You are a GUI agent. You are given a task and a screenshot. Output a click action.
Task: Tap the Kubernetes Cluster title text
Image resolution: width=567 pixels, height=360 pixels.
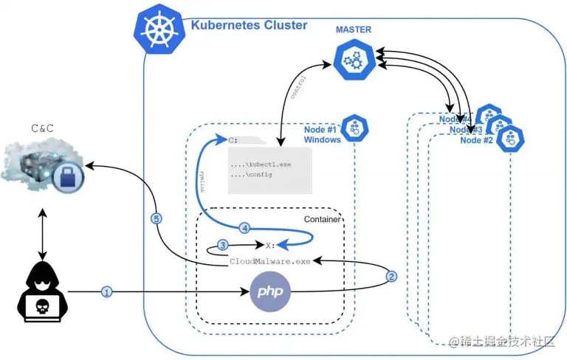[x=249, y=25]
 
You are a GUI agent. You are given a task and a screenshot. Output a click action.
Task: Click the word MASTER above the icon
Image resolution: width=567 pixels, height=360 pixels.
[x=354, y=30]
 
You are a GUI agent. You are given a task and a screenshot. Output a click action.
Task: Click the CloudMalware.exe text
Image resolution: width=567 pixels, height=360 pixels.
[x=270, y=261]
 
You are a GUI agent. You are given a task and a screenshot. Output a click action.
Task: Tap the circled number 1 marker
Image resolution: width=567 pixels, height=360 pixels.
[x=106, y=292]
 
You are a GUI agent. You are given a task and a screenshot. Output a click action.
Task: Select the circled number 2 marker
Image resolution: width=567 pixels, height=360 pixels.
[x=392, y=277]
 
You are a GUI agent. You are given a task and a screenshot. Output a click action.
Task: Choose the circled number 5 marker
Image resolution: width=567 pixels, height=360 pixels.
[x=156, y=218]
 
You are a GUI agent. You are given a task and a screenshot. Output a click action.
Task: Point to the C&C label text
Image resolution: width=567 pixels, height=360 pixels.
[x=42, y=128]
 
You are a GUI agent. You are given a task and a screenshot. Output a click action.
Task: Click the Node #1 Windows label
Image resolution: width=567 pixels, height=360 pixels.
[x=323, y=134]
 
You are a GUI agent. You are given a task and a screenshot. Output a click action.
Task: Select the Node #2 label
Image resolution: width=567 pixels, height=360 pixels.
[x=476, y=139]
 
